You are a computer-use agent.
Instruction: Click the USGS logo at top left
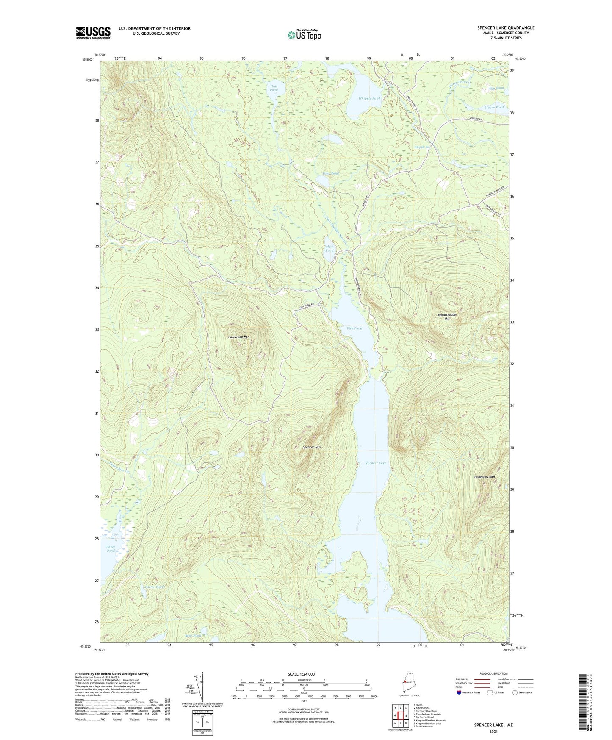click(x=93, y=33)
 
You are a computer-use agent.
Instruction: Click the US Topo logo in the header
click(x=304, y=35)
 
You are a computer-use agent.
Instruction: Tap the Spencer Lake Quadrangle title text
click(x=506, y=28)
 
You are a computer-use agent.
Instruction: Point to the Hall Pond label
click(x=274, y=88)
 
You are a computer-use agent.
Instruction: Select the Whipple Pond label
click(x=369, y=98)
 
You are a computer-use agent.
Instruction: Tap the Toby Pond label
click(x=331, y=174)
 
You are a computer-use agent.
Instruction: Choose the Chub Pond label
click(x=330, y=248)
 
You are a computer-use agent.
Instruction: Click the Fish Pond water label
click(x=354, y=328)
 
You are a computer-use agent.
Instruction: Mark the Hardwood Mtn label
click(x=239, y=337)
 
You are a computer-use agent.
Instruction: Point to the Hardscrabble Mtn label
click(x=447, y=316)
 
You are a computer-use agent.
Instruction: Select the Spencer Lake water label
click(x=376, y=463)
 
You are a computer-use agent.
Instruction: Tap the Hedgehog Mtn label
click(x=485, y=477)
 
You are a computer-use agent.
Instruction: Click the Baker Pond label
click(x=110, y=548)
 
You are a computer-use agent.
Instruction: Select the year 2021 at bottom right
click(x=493, y=731)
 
